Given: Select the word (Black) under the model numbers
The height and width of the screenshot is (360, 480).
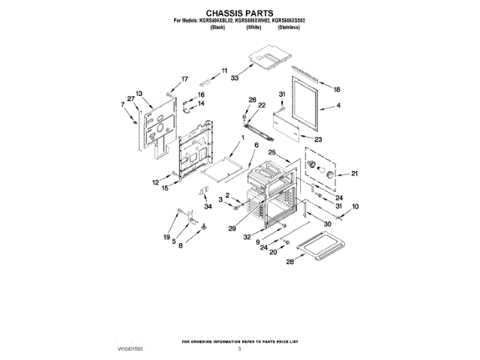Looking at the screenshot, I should coord(217,27).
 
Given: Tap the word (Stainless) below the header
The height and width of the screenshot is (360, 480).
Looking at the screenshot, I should coord(289,27).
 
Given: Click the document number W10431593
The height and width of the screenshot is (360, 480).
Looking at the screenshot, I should coord(130,349).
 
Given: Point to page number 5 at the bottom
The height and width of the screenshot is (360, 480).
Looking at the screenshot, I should coord(239,349).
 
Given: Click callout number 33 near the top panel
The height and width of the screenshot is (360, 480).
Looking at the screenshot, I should coord(235,78).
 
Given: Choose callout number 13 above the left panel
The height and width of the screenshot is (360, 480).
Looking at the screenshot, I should coord(139,93).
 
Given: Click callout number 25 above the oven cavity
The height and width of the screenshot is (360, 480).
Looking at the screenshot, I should coord(273,152).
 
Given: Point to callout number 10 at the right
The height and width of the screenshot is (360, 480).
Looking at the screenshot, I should coord(355,206).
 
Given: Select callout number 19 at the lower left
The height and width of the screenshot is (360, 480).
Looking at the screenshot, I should coord(166,237).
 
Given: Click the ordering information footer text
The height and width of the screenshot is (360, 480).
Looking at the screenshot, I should coord(239,340).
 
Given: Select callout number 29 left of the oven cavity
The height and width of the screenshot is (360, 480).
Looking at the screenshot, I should coord(232,228).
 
